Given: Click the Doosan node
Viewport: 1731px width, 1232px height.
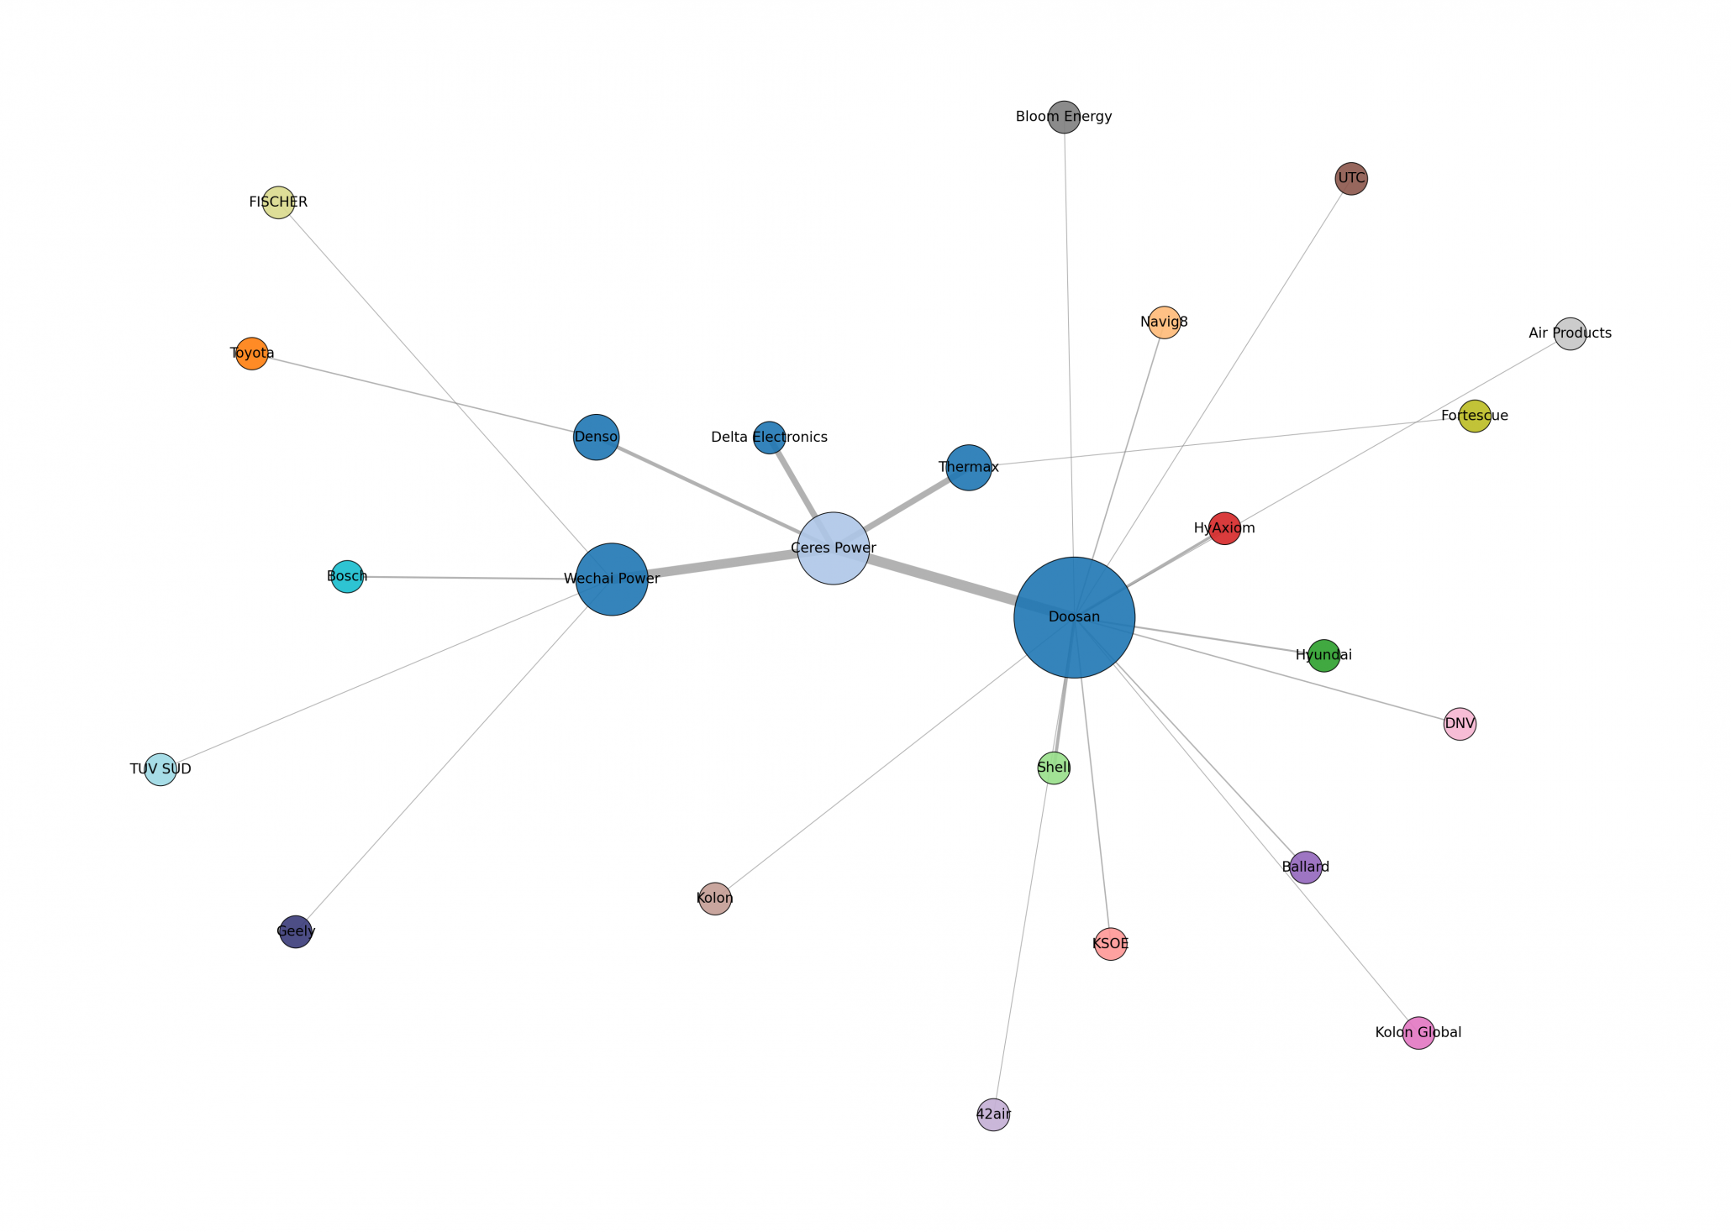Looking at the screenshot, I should tap(1074, 617).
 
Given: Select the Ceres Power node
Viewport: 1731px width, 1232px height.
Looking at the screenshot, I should tap(833, 548).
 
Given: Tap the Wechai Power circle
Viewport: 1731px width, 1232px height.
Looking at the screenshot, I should tap(612, 579).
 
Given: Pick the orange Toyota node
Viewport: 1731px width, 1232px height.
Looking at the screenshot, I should tap(251, 354).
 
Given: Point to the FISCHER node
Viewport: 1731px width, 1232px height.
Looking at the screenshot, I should tap(278, 202).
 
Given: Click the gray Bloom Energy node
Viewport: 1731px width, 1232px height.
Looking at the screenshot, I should tap(1064, 117).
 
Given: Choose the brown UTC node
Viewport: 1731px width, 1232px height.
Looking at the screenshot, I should tap(1351, 178).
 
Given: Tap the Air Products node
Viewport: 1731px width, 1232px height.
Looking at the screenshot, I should tap(1570, 333).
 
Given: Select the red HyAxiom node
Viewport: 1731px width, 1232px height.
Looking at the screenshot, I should tap(1224, 528).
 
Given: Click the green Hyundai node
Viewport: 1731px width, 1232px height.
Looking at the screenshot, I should tap(1323, 655).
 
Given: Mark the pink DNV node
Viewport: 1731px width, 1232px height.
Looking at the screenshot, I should tap(1460, 724).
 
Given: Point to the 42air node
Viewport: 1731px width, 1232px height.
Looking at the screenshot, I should tap(993, 1115).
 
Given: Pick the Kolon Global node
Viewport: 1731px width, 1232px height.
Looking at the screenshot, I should tap(1418, 1033).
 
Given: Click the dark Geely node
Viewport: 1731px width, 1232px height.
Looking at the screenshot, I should tap(296, 931).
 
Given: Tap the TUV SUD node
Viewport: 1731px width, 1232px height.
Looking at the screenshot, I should tap(160, 769).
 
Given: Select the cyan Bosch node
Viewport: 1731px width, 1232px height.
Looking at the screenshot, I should tap(347, 577).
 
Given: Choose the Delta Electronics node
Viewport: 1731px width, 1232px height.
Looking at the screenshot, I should tap(769, 438).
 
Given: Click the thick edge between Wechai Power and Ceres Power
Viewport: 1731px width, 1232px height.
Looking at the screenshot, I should tap(723, 564).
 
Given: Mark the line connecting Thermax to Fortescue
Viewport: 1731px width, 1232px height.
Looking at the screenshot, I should tap(1218, 442).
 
